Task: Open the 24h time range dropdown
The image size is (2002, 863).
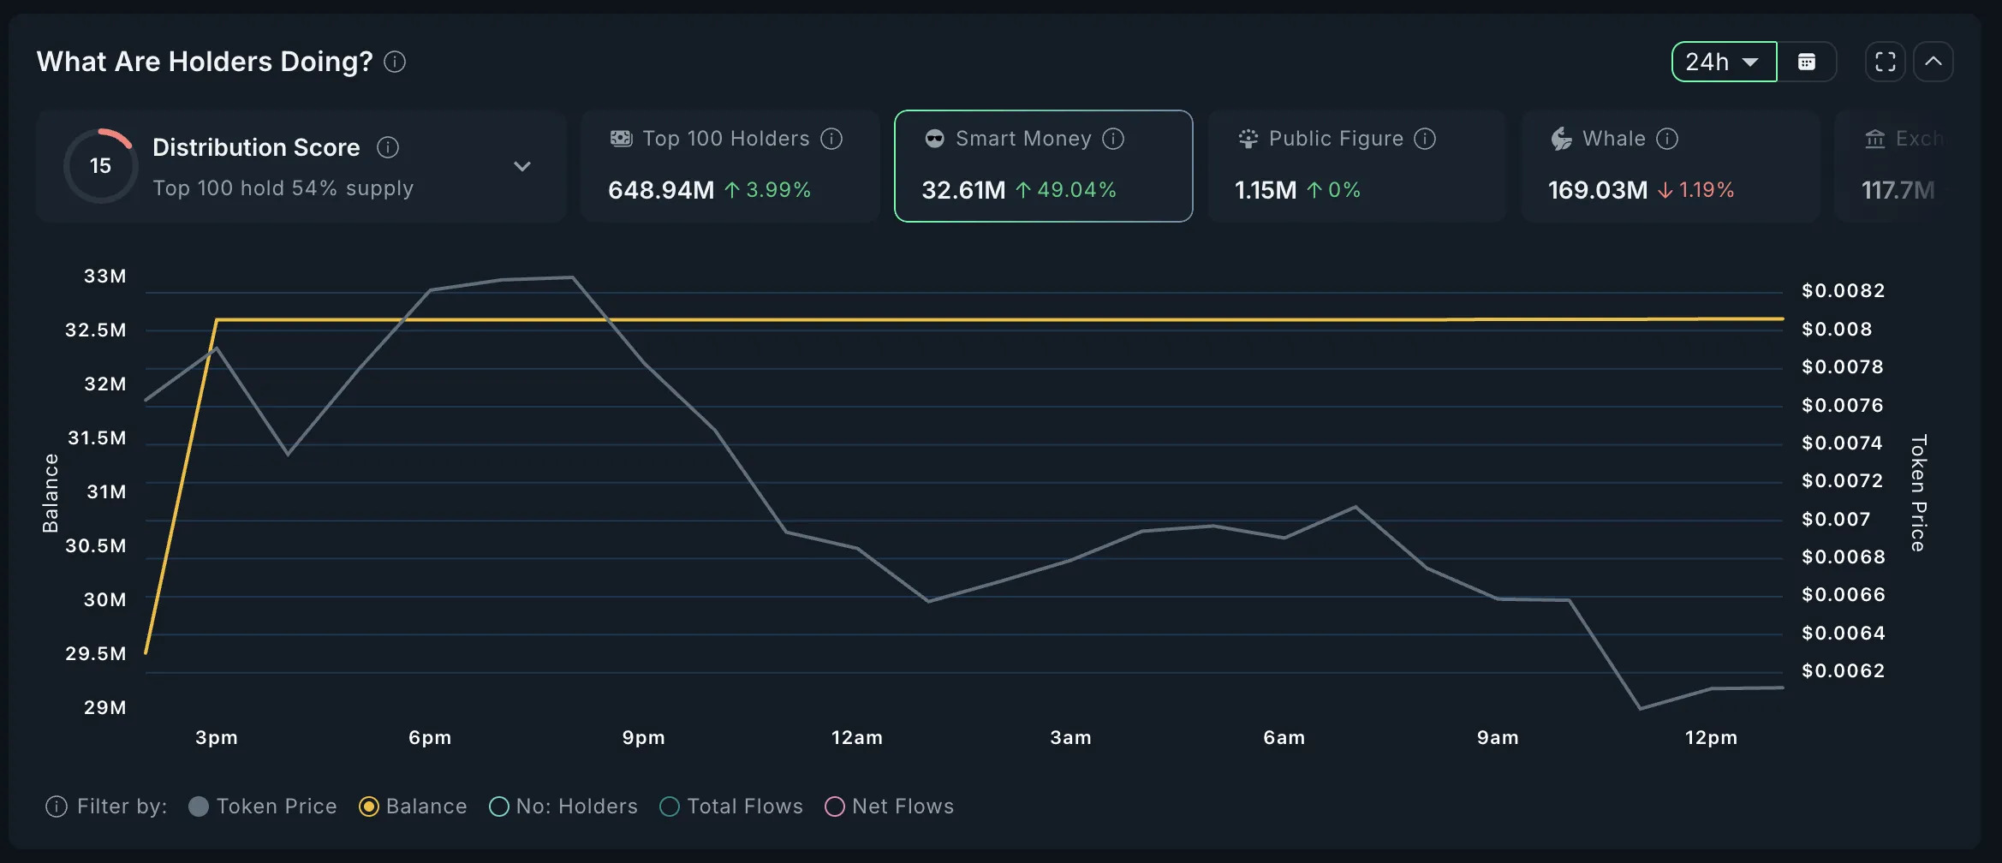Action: (1724, 62)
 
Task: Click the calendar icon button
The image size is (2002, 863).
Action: (1807, 62)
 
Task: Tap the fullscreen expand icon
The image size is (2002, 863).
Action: (1885, 62)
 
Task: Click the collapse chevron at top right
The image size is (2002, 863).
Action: (1933, 62)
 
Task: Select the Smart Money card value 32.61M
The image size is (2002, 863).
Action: (963, 190)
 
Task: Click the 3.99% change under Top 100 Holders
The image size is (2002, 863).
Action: (778, 190)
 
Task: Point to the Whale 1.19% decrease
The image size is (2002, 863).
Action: (1705, 190)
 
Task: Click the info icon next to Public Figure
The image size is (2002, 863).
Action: (1425, 139)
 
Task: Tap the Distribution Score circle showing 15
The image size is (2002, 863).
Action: (101, 166)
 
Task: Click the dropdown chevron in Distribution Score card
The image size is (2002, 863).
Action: (522, 166)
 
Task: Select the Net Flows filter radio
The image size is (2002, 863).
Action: (834, 806)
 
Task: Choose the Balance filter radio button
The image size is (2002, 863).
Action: (369, 806)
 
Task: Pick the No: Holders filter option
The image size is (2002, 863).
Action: (498, 806)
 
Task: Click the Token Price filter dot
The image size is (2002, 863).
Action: (199, 806)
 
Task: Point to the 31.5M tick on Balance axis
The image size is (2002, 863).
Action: (97, 438)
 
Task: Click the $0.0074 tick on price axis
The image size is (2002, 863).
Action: (1842, 443)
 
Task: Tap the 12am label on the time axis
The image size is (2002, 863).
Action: (856, 738)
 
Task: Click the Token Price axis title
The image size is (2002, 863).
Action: (1919, 493)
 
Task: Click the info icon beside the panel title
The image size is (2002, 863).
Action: (395, 62)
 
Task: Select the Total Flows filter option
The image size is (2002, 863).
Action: (670, 806)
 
